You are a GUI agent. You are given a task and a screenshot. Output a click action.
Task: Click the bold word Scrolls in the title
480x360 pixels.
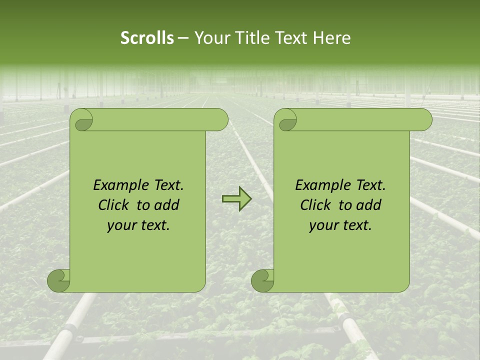[147, 38]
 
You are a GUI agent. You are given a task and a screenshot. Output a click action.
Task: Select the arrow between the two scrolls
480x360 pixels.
[237, 199]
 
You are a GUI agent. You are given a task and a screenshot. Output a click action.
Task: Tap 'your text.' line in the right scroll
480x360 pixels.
[340, 225]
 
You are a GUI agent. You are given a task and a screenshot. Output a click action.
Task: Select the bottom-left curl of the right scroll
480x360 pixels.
[263, 280]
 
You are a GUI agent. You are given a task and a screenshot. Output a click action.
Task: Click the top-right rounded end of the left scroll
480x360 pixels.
[220, 119]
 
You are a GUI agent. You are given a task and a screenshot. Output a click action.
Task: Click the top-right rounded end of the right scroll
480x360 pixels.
[424, 119]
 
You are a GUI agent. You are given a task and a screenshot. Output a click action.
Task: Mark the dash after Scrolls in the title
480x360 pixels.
[183, 38]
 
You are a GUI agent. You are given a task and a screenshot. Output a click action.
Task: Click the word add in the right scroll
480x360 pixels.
[368, 205]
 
